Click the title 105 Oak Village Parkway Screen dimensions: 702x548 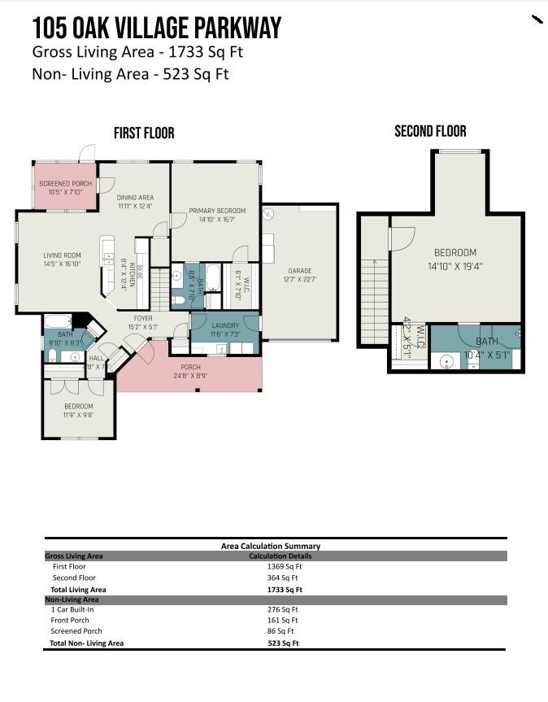156,28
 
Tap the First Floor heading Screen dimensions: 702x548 144,133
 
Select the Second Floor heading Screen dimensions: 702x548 430,131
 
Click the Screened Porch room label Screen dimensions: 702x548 66,188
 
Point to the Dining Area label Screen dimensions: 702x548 135,202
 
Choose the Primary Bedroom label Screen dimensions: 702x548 217,215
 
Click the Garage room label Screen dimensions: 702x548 299,275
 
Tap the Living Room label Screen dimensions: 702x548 62,259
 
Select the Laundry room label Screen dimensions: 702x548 225,329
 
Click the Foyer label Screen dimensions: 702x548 143,323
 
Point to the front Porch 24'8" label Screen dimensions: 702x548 190,372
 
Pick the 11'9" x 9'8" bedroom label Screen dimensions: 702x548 79,410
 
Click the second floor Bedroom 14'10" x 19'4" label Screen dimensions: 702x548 454,258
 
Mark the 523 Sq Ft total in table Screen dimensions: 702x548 284,643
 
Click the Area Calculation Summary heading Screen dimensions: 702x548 271,546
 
